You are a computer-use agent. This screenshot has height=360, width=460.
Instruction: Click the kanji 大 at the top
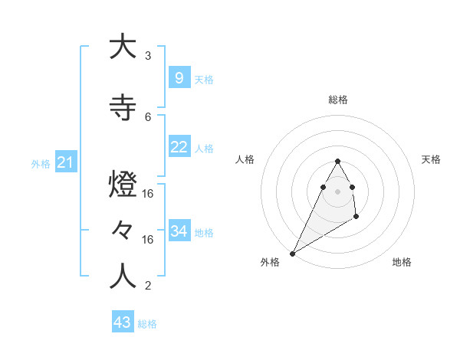[123, 47]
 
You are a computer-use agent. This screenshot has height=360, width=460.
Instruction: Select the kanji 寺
[123, 108]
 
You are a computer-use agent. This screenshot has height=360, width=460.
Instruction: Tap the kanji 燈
[123, 187]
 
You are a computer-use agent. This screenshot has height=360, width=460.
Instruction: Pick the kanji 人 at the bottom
[123, 276]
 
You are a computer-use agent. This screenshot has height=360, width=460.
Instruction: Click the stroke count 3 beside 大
[148, 56]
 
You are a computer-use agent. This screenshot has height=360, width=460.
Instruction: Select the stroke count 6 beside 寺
[148, 117]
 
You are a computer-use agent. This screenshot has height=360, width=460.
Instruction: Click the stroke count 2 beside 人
[148, 286]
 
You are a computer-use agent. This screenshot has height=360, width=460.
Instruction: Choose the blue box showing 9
[179, 77]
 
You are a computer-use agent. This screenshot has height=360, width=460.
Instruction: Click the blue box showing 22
[179, 147]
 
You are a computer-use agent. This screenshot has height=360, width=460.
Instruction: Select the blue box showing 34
[179, 231]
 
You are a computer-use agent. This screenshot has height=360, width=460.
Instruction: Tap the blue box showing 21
[65, 162]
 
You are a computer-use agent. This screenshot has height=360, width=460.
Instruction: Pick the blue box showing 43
[122, 322]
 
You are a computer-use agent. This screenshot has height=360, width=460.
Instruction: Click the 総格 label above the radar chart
[337, 100]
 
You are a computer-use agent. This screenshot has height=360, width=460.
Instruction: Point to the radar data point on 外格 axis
[292, 254]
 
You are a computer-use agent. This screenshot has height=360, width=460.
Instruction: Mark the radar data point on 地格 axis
[356, 218]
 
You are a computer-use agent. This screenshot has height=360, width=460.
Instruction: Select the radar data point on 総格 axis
[337, 162]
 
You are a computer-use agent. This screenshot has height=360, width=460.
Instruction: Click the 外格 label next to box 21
[41, 164]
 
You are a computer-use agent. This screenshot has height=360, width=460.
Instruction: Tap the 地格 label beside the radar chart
[402, 262]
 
